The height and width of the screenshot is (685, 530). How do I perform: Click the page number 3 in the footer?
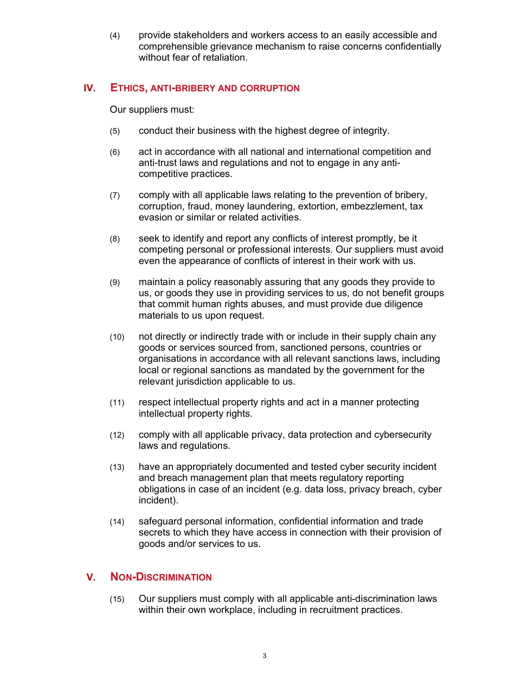[264, 655]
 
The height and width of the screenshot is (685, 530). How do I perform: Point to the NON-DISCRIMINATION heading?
[161, 577]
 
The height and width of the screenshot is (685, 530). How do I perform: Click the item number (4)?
[115, 36]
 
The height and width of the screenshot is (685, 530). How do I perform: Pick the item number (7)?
[115, 196]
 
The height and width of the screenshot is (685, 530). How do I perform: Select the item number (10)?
[117, 337]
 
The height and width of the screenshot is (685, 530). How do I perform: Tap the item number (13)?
[117, 467]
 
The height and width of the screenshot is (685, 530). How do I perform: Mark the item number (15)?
[117, 599]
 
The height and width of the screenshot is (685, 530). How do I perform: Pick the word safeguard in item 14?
[160, 521]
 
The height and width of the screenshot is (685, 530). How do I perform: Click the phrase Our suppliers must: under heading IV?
[152, 109]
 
